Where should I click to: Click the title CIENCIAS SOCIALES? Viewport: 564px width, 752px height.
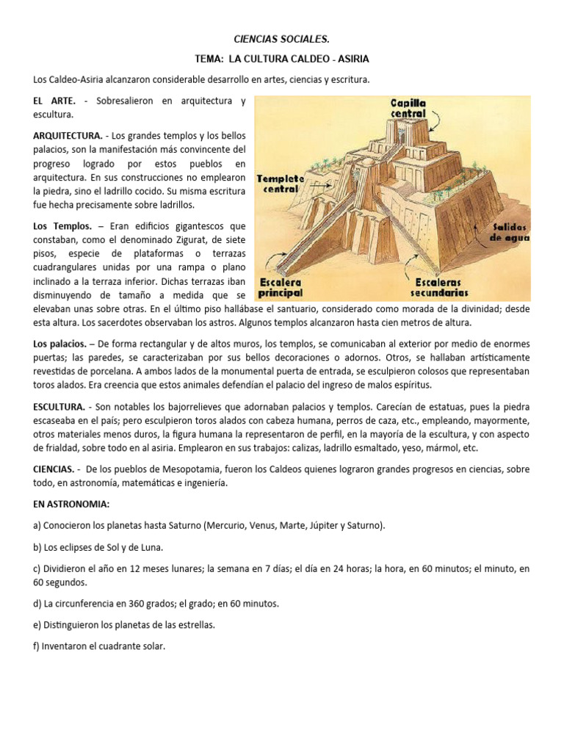(x=283, y=39)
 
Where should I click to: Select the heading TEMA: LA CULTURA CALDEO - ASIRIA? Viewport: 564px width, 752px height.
(x=283, y=59)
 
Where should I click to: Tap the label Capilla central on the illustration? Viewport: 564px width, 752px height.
(x=408, y=109)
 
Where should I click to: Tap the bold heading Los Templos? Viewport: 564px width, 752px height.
(x=62, y=226)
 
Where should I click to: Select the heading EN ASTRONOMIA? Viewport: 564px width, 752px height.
(x=70, y=504)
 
